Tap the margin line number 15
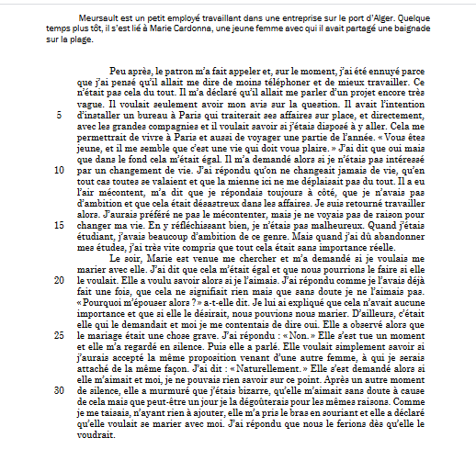point(59,224)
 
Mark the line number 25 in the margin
point(59,336)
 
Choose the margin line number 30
point(59,389)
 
